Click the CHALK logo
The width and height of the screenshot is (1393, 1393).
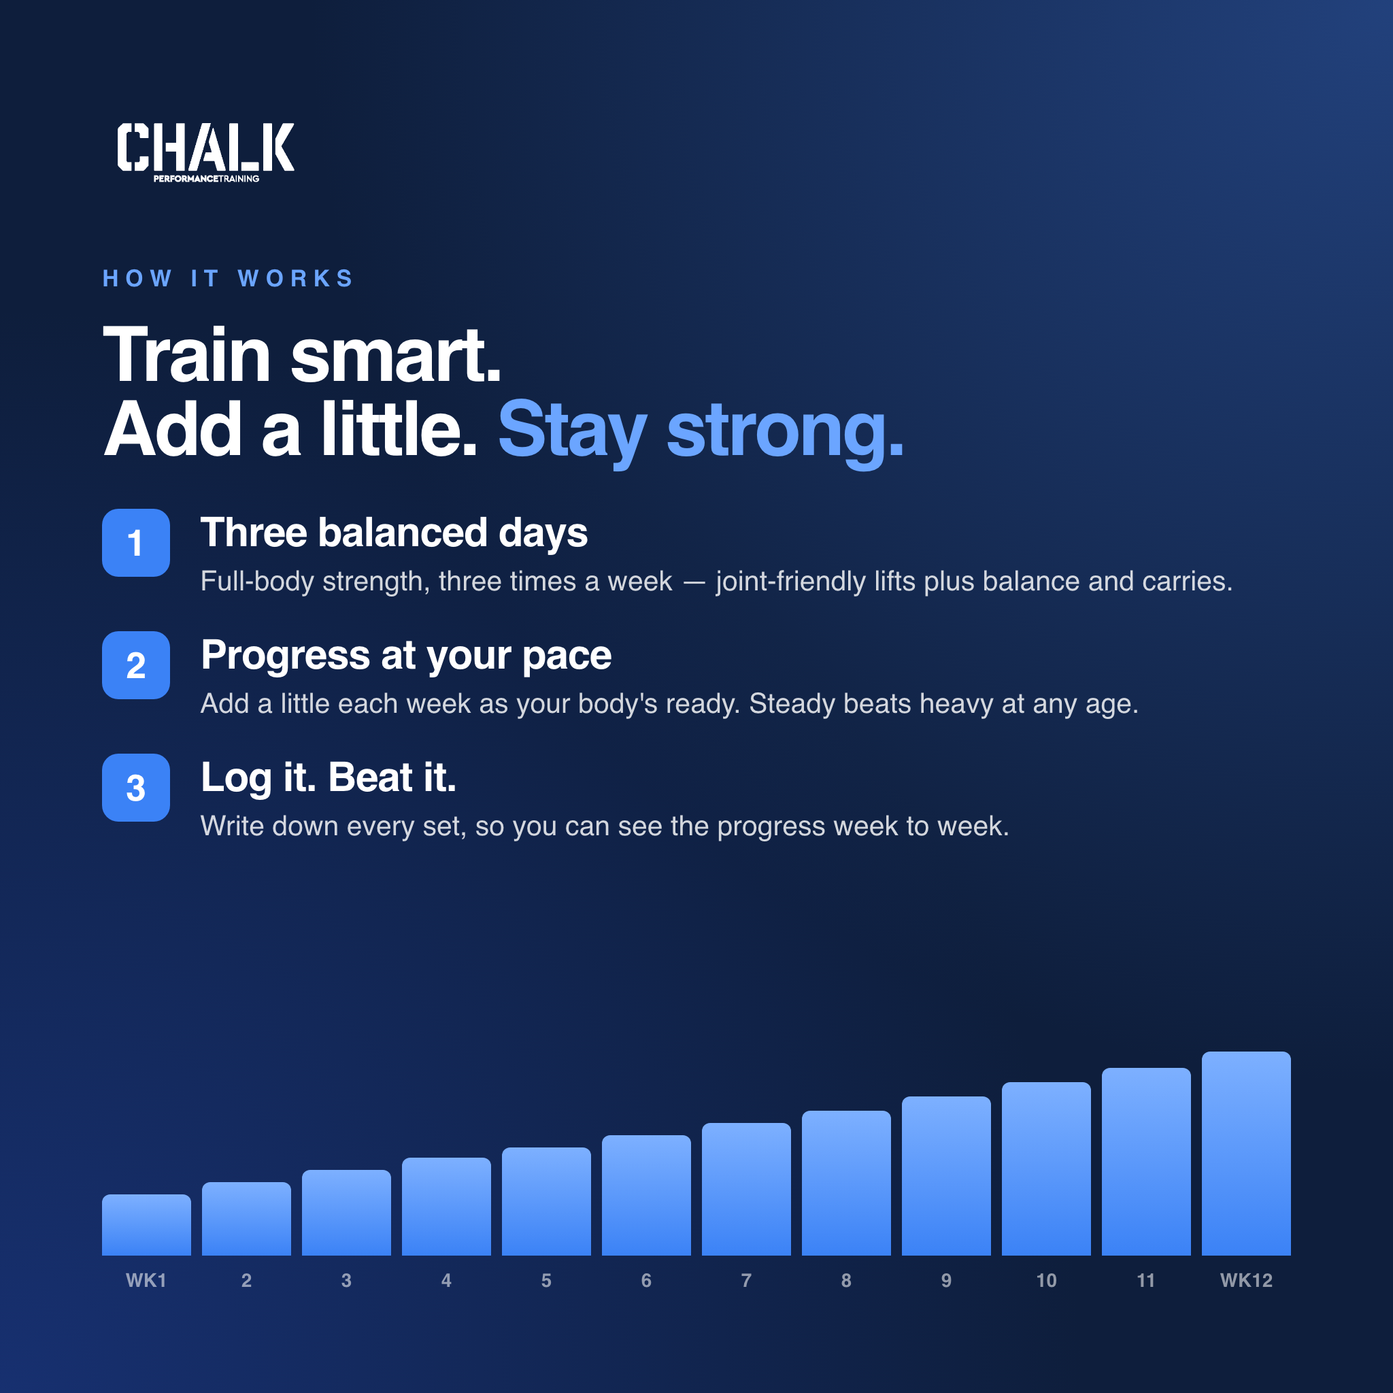click(205, 152)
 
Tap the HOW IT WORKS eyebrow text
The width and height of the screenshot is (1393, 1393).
click(228, 278)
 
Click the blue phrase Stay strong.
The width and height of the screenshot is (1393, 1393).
click(700, 431)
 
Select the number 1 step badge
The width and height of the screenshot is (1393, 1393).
click(135, 542)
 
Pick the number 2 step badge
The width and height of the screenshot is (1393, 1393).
click(135, 665)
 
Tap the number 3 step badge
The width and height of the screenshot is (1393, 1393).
click(135, 788)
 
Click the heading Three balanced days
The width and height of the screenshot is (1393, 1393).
click(394, 533)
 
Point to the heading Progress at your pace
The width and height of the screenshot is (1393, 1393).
click(406, 656)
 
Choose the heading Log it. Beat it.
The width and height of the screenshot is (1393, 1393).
click(328, 778)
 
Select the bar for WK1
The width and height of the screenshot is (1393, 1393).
click(146, 1224)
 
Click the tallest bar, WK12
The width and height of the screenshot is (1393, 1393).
click(1246, 1153)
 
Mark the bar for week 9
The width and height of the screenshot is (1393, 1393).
click(946, 1175)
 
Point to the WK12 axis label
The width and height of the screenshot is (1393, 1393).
click(1246, 1281)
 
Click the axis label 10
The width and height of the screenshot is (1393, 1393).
click(1046, 1281)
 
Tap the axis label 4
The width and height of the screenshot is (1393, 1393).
click(446, 1281)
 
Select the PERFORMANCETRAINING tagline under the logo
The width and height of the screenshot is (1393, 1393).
click(206, 179)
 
